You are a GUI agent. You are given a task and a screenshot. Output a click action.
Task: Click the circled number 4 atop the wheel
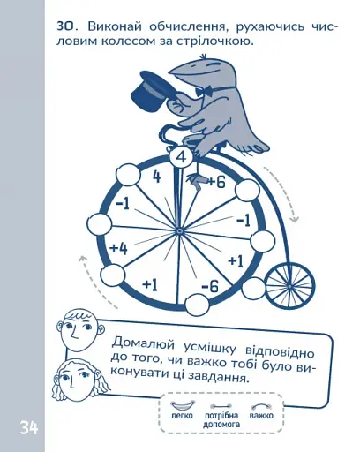point(182,157)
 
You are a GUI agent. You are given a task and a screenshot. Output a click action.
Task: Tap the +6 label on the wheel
point(217,182)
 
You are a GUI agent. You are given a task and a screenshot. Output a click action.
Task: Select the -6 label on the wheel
point(210,286)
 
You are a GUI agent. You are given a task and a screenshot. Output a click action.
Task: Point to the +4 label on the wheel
point(119,249)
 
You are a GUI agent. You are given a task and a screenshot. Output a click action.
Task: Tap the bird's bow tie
point(203,91)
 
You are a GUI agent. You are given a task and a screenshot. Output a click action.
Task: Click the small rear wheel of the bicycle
point(289,286)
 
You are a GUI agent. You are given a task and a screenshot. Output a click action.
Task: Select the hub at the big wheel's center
point(178,231)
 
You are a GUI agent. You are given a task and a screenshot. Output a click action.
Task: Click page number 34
point(29,427)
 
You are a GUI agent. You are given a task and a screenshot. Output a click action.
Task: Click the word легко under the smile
point(182,416)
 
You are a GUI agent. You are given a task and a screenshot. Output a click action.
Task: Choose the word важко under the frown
point(261,416)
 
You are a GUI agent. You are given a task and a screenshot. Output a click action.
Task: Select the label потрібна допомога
point(221,420)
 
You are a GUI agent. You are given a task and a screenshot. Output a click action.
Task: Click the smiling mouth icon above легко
point(183,405)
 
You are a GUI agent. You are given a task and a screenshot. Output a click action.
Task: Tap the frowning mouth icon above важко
point(261,406)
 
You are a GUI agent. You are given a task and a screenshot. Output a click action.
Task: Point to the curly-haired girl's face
point(77,379)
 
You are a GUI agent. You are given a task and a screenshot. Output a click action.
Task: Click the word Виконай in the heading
point(115,26)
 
